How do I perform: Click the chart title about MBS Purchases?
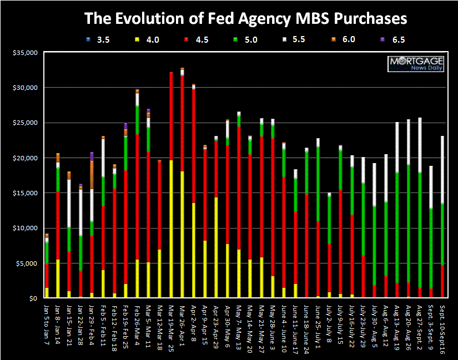(245, 18)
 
